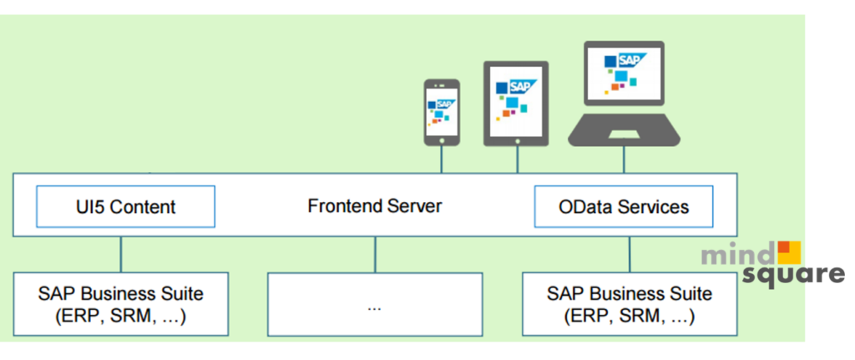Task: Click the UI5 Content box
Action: [x=125, y=206]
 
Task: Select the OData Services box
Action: [x=624, y=206]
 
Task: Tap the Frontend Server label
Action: [x=374, y=205]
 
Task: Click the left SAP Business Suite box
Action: [x=121, y=305]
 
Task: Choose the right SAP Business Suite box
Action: [x=630, y=305]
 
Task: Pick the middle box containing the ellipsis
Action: [x=374, y=305]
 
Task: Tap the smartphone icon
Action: [x=441, y=112]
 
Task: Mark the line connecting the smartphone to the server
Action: [x=442, y=160]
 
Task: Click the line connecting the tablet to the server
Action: [x=517, y=160]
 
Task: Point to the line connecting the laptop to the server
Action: [x=625, y=160]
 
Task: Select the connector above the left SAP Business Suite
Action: [x=121, y=255]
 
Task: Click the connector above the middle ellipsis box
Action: [x=374, y=255]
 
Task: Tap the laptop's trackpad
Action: [x=624, y=134]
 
